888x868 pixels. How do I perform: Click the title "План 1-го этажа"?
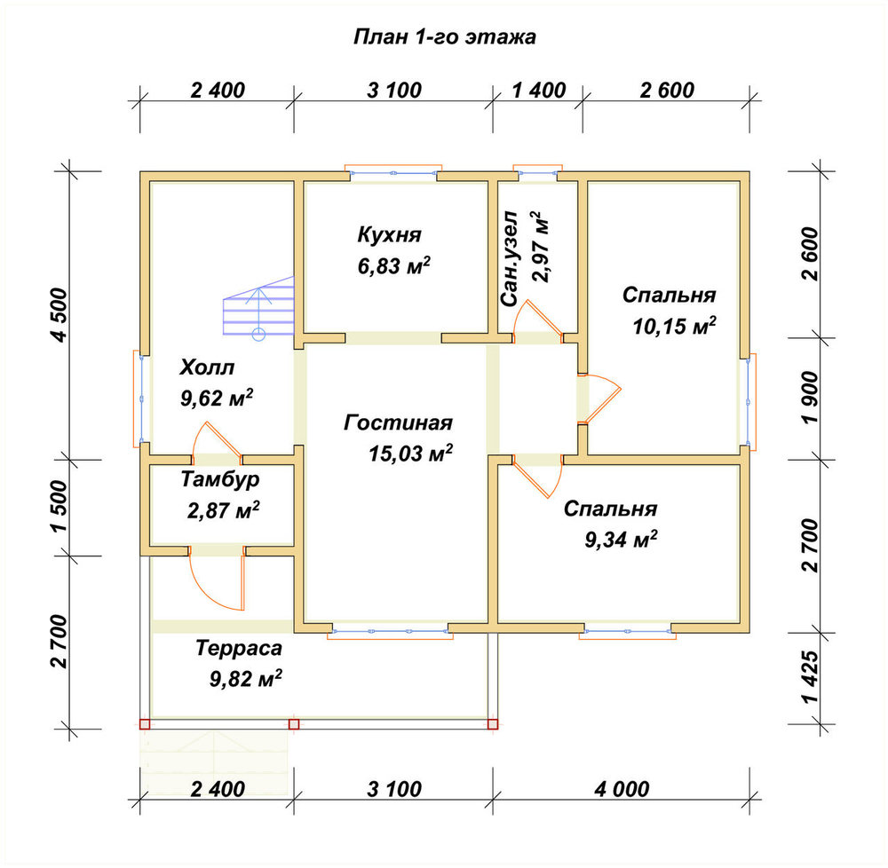[445, 36]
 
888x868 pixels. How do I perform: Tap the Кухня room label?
[389, 234]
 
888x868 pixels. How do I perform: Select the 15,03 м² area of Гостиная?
[410, 453]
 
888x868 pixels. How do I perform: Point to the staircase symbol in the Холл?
[258, 308]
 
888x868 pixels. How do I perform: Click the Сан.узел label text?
[510, 258]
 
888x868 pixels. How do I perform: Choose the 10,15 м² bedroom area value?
[674, 326]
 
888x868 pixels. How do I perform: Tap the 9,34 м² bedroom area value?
[622, 540]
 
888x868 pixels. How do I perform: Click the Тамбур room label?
[220, 479]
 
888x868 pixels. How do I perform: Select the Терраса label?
[239, 648]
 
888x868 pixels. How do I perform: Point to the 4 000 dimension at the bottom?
[622, 789]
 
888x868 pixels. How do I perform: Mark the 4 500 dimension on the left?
[59, 314]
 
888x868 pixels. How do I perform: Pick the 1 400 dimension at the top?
[539, 90]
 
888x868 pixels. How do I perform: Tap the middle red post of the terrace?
[293, 723]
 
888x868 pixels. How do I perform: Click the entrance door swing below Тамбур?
[217, 579]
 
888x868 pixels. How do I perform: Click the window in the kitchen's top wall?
[393, 172]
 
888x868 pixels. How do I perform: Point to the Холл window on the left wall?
[141, 398]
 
